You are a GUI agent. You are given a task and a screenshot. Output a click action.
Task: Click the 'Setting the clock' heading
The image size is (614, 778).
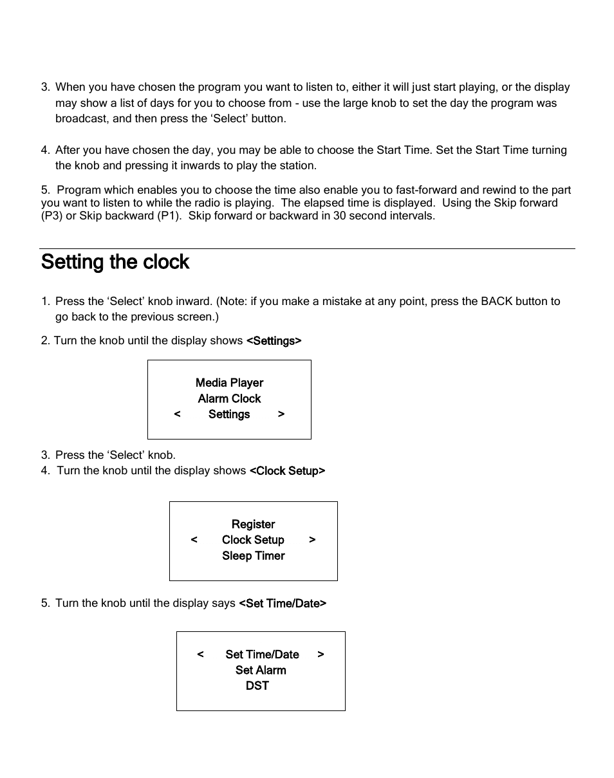(x=115, y=262)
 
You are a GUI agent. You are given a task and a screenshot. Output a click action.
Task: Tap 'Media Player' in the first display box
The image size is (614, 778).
(x=229, y=383)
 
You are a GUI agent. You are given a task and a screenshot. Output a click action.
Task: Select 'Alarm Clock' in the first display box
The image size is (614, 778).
(x=229, y=399)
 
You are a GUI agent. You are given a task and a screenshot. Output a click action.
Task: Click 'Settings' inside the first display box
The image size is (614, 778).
(x=229, y=414)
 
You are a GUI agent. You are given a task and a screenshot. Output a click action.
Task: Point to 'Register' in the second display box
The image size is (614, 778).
(x=253, y=524)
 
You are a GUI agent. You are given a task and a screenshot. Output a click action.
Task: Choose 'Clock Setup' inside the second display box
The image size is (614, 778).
(x=253, y=540)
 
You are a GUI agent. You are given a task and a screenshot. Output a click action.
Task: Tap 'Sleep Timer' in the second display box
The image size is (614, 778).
(x=253, y=556)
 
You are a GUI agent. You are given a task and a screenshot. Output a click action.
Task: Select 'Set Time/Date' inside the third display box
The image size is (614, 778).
(x=262, y=654)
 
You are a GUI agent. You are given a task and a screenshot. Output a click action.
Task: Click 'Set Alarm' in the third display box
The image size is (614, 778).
(x=261, y=670)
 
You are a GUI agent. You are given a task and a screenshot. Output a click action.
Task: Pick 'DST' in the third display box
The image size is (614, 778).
(x=257, y=686)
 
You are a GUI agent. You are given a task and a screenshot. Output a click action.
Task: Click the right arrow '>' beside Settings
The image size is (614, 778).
(x=281, y=414)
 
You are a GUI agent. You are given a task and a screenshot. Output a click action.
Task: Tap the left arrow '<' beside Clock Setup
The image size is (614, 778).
(x=194, y=540)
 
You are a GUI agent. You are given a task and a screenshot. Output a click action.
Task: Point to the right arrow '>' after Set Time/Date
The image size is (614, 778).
(x=321, y=654)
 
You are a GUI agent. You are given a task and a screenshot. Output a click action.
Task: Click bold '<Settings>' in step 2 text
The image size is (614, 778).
(x=274, y=341)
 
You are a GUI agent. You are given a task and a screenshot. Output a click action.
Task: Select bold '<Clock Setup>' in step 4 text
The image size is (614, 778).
(x=287, y=471)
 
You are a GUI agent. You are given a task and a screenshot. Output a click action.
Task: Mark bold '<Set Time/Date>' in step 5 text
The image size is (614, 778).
(x=283, y=604)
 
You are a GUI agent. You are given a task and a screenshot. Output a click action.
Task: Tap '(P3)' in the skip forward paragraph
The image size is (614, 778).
(x=51, y=216)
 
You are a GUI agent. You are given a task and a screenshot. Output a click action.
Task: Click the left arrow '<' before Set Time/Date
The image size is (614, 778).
(x=200, y=654)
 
